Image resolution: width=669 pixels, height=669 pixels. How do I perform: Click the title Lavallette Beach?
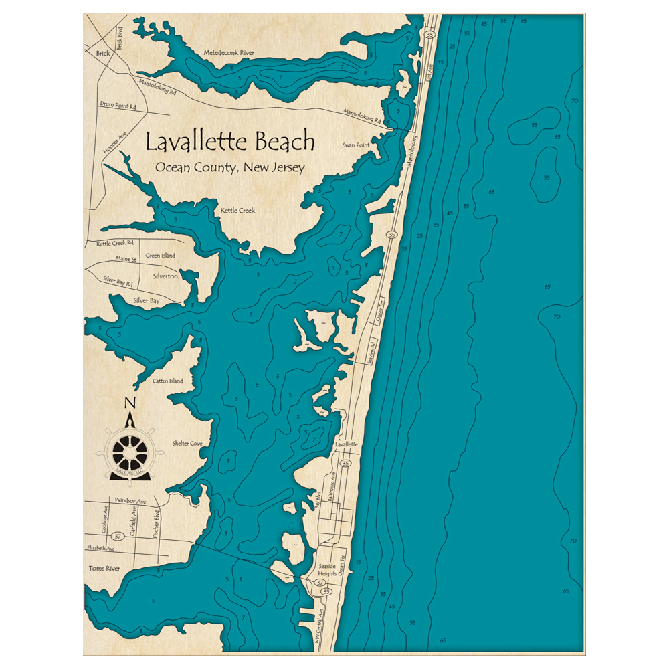pos(229,142)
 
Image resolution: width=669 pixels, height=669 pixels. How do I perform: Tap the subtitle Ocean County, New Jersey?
pos(229,167)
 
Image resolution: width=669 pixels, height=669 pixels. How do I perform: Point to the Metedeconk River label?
pos(229,52)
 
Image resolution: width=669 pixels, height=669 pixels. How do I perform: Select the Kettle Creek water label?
pos(237,211)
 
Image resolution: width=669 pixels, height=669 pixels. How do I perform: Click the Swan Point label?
pos(356,145)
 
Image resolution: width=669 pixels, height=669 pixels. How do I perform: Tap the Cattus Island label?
pos(167,381)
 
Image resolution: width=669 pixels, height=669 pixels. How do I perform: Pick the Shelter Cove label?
pos(187,443)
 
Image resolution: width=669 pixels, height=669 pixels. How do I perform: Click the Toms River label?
pos(104,568)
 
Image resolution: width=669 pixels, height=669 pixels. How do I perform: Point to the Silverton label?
pos(165,276)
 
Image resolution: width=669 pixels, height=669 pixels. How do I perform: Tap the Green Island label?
pos(161,256)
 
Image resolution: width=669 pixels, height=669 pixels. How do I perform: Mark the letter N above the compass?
pos(130,403)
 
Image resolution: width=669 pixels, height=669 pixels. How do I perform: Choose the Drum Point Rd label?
pos(118,106)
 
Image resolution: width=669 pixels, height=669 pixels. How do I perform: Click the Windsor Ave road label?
pos(130,500)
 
